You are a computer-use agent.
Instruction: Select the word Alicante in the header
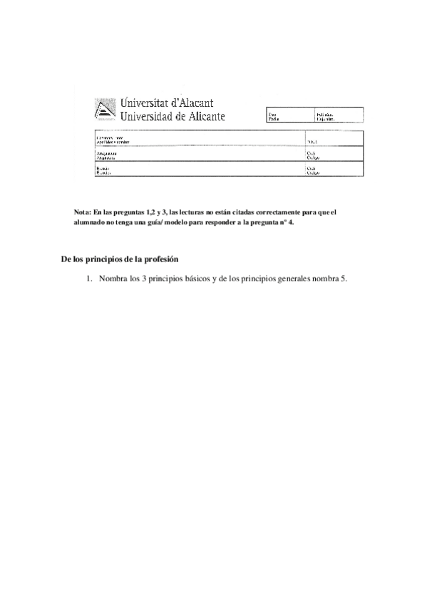click(201, 117)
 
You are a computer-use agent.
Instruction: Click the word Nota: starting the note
click(83, 212)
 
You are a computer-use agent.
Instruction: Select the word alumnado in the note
click(90, 222)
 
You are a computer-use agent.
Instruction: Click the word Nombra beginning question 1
click(113, 278)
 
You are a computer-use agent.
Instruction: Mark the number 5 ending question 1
click(344, 278)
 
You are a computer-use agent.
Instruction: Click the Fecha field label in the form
click(273, 119)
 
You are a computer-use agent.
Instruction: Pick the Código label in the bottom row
click(312, 173)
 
